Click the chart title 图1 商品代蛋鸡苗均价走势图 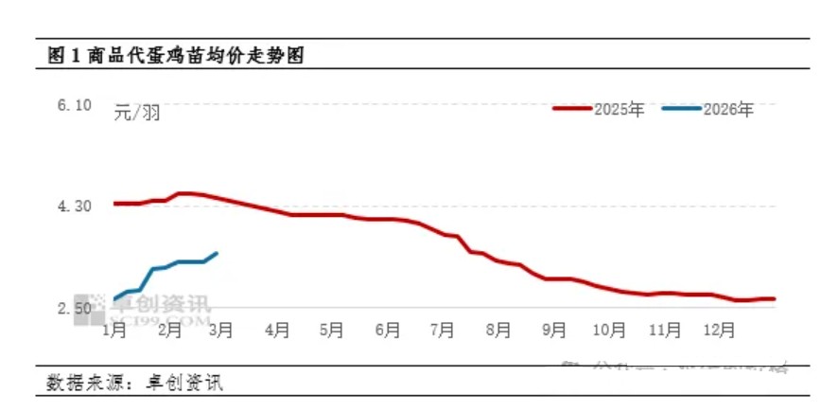181,56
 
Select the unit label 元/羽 137,114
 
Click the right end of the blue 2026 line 218,253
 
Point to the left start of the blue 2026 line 114,299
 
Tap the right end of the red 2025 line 774,298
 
